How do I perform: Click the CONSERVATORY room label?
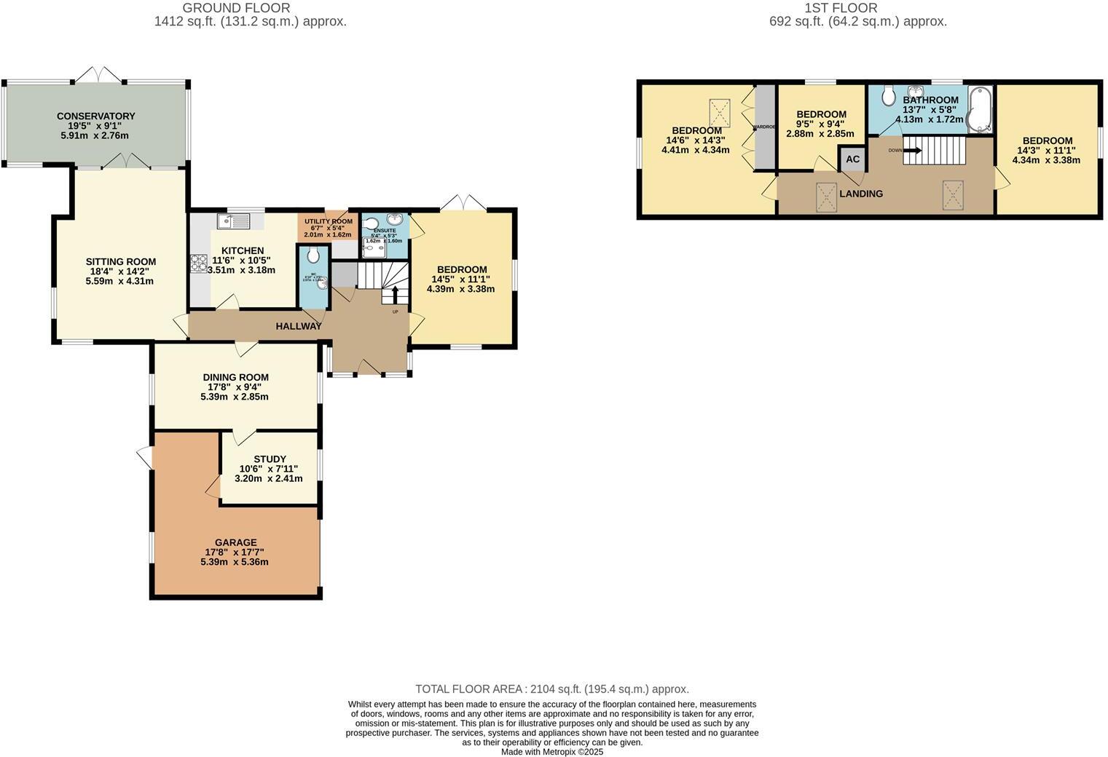click(x=95, y=116)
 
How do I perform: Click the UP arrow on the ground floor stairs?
click(x=396, y=295)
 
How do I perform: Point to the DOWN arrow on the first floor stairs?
click(x=912, y=151)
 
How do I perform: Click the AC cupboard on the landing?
click(x=852, y=159)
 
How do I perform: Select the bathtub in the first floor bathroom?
click(x=980, y=110)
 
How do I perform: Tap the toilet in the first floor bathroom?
click(x=887, y=95)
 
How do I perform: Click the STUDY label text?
click(x=270, y=459)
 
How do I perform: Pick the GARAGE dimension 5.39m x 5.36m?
click(x=235, y=562)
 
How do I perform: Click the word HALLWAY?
click(x=299, y=326)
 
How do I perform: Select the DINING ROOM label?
click(x=235, y=377)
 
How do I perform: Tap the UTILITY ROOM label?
click(x=328, y=221)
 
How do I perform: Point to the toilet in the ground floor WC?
click(x=313, y=255)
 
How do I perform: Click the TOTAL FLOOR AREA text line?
click(x=552, y=689)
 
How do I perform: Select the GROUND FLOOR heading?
click(x=236, y=8)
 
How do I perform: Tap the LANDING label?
click(x=861, y=194)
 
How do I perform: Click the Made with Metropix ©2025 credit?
click(x=552, y=752)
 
